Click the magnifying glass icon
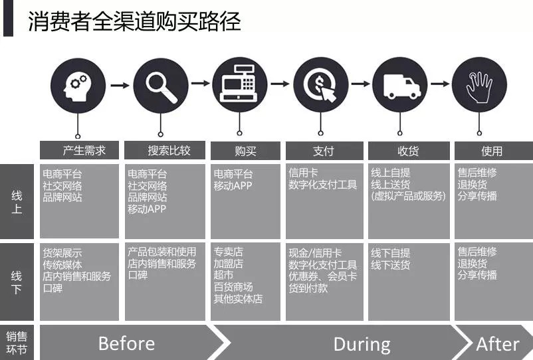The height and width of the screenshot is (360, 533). point(161,87)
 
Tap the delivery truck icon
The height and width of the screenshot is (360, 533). point(402,86)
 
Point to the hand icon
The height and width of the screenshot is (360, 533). point(479,86)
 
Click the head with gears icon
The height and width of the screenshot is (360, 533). point(76,86)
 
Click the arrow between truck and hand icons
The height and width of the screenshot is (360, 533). point(440,84)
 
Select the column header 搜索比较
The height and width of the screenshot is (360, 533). point(169,151)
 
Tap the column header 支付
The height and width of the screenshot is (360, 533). point(323,151)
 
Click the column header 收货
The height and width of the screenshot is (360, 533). point(408,151)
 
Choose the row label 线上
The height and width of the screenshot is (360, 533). point(17,202)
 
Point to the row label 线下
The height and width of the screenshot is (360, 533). point(17,282)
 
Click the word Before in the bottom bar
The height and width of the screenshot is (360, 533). point(126,343)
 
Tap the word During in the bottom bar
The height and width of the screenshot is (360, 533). point(362,344)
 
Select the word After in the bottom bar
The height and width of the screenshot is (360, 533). point(498,343)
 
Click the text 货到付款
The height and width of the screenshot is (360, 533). point(308,288)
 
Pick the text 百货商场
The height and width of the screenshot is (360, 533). point(233,287)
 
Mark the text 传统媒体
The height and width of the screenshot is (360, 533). point(62,264)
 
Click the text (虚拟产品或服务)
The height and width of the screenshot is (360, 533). point(408,196)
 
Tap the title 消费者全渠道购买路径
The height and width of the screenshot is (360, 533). point(134,21)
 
